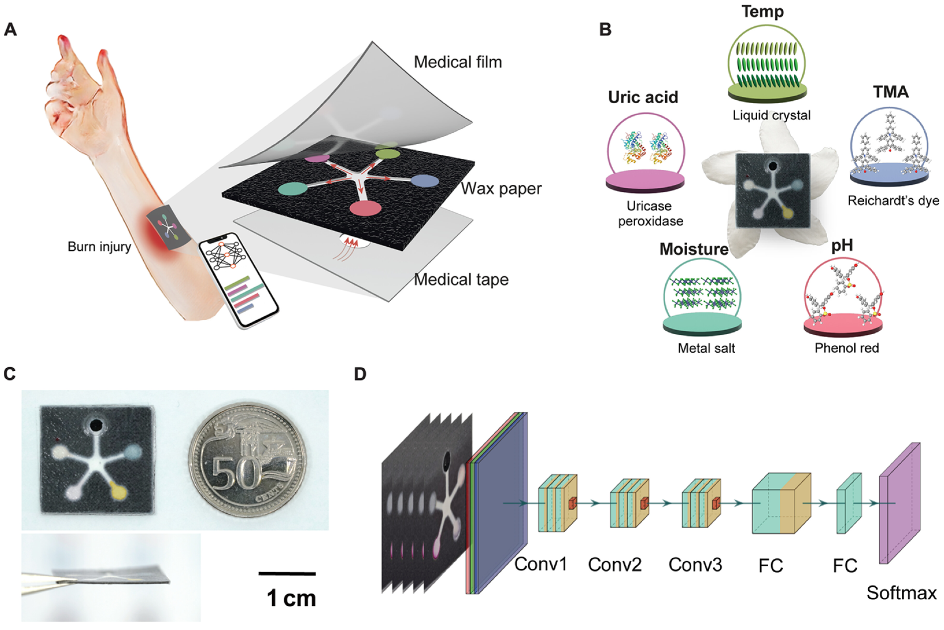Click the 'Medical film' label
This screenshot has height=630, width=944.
[458, 62]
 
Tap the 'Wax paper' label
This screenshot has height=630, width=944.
[501, 189]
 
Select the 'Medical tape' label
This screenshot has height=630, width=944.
[461, 279]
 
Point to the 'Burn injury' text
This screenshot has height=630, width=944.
[99, 246]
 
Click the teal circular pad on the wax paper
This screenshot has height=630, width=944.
[293, 189]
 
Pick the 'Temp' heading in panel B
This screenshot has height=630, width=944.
[762, 11]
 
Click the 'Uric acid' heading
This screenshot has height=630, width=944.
[643, 97]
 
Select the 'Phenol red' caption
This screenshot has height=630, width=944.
[846, 348]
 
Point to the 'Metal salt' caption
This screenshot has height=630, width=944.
[706, 348]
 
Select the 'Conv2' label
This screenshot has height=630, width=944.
[614, 564]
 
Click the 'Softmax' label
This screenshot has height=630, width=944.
[901, 593]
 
